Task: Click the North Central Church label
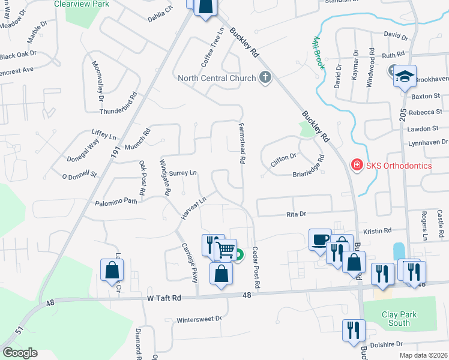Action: (217, 78)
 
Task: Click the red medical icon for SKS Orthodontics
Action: (356, 164)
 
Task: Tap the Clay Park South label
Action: (396, 319)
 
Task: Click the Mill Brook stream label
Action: (318, 53)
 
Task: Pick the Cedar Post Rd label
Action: (255, 269)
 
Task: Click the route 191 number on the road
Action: (116, 154)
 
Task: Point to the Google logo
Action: (20, 353)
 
